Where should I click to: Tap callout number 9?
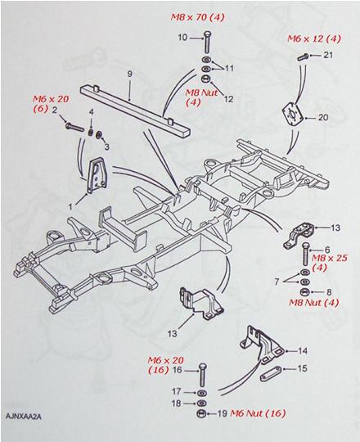click(x=128, y=74)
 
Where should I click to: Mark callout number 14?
click(x=304, y=348)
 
